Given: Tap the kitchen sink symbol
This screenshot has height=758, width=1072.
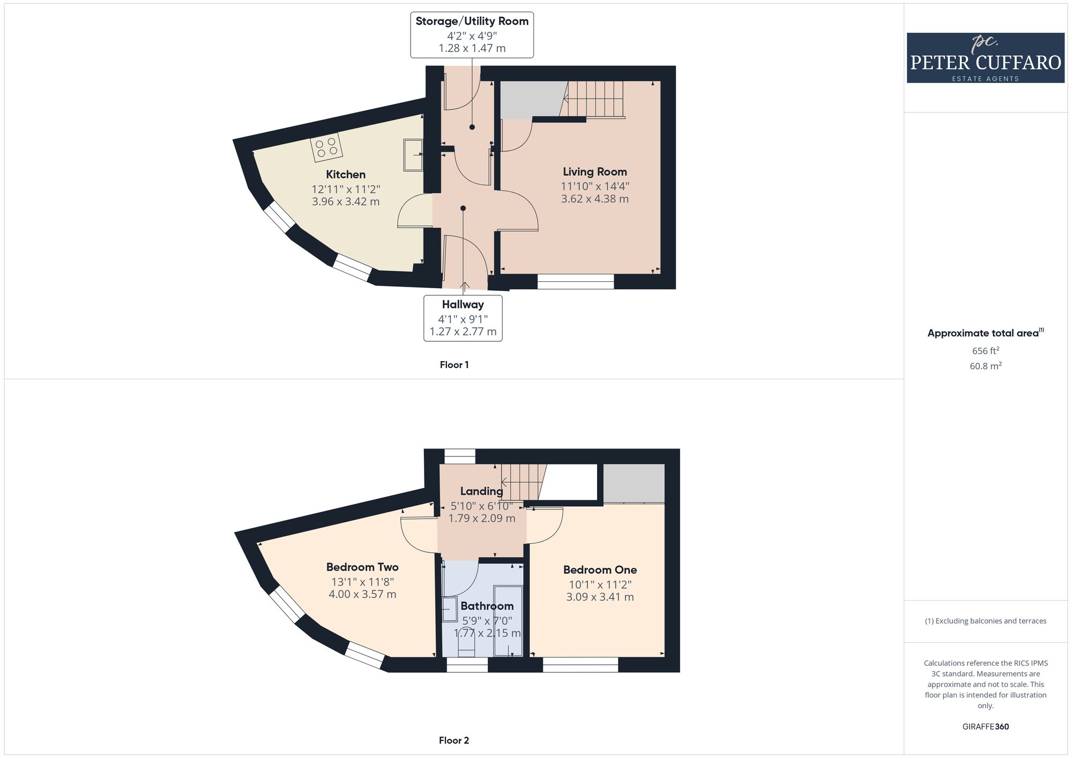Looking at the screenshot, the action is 413,155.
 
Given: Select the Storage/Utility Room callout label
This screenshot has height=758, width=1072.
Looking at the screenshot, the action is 472,35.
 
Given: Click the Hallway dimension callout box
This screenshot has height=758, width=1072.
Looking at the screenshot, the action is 463,318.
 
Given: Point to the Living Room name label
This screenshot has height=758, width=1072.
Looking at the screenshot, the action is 595,172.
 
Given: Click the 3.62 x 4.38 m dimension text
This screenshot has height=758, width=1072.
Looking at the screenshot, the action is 595,199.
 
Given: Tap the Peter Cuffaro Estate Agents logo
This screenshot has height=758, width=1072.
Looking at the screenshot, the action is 986,58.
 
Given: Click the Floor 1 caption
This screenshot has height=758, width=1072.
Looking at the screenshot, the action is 454,365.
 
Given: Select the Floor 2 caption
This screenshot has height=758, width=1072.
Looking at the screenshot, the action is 454,740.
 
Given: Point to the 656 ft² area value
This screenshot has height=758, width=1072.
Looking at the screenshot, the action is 986,351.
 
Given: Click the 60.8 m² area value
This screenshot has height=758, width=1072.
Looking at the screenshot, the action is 986,366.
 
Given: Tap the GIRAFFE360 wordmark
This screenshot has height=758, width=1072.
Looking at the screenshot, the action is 986,727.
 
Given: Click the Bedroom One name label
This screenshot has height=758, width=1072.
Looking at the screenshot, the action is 600,570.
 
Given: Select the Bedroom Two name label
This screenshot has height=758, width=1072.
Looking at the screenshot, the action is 362,567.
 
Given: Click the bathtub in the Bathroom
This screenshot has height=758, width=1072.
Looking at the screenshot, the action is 508,621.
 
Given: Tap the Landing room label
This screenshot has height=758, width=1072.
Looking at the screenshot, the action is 482,491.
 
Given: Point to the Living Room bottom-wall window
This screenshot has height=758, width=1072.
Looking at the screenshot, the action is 576,282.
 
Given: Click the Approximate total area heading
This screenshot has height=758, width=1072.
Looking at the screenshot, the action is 986,333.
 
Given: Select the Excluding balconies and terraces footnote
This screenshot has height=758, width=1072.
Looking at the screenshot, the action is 986,621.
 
